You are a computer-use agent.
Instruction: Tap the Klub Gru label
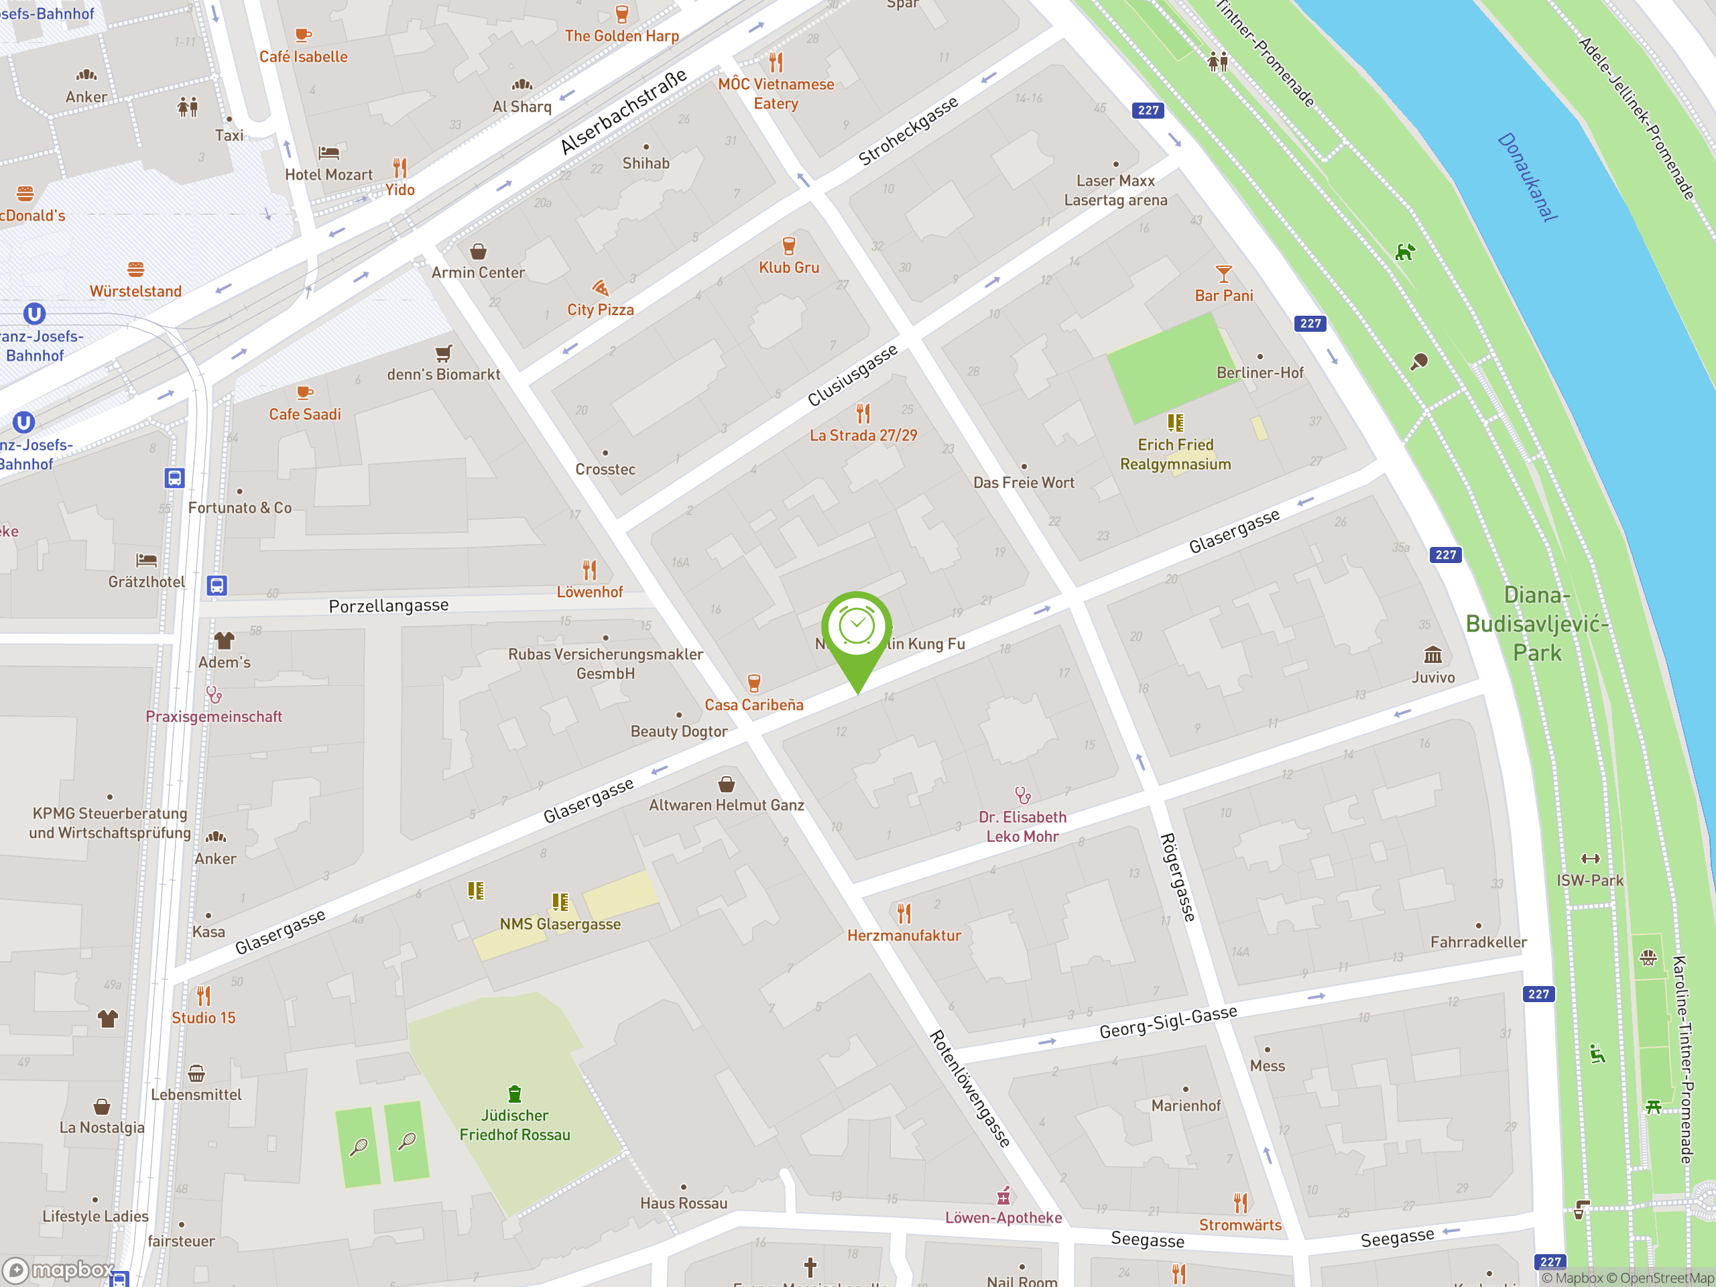[788, 267]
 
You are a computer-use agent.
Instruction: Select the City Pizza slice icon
[600, 288]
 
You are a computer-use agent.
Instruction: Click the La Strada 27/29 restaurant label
[863, 435]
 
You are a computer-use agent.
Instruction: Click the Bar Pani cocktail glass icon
[1223, 274]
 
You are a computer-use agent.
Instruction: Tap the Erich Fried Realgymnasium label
[1174, 454]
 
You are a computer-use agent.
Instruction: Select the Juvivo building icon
[1432, 654]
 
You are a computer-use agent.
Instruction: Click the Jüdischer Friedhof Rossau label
[514, 1125]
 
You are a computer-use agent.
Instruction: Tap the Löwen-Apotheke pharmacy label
[1002, 1217]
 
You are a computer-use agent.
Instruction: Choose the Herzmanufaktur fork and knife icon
[904, 913]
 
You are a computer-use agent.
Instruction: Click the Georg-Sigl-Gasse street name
[1168, 1022]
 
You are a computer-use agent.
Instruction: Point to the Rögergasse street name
[1177, 877]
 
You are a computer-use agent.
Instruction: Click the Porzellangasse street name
[388, 606]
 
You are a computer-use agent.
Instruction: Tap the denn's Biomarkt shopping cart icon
[443, 354]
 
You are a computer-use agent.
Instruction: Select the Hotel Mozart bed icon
[328, 153]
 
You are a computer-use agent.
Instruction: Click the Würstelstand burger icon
[136, 269]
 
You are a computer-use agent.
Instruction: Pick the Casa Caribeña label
[753, 704]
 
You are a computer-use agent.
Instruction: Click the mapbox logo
[58, 1270]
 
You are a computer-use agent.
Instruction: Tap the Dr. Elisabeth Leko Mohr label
[1022, 827]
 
